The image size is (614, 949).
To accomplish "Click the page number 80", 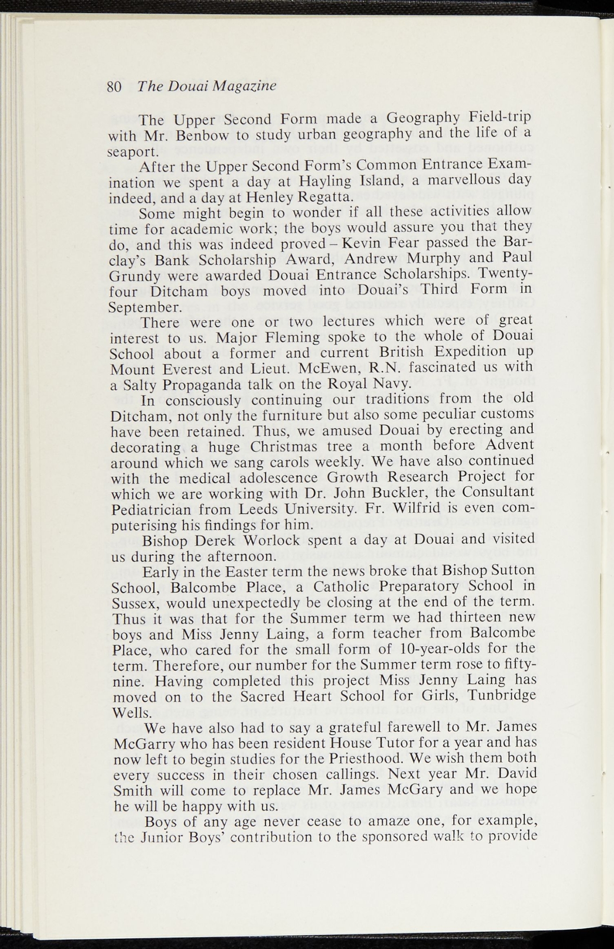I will [x=114, y=87].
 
